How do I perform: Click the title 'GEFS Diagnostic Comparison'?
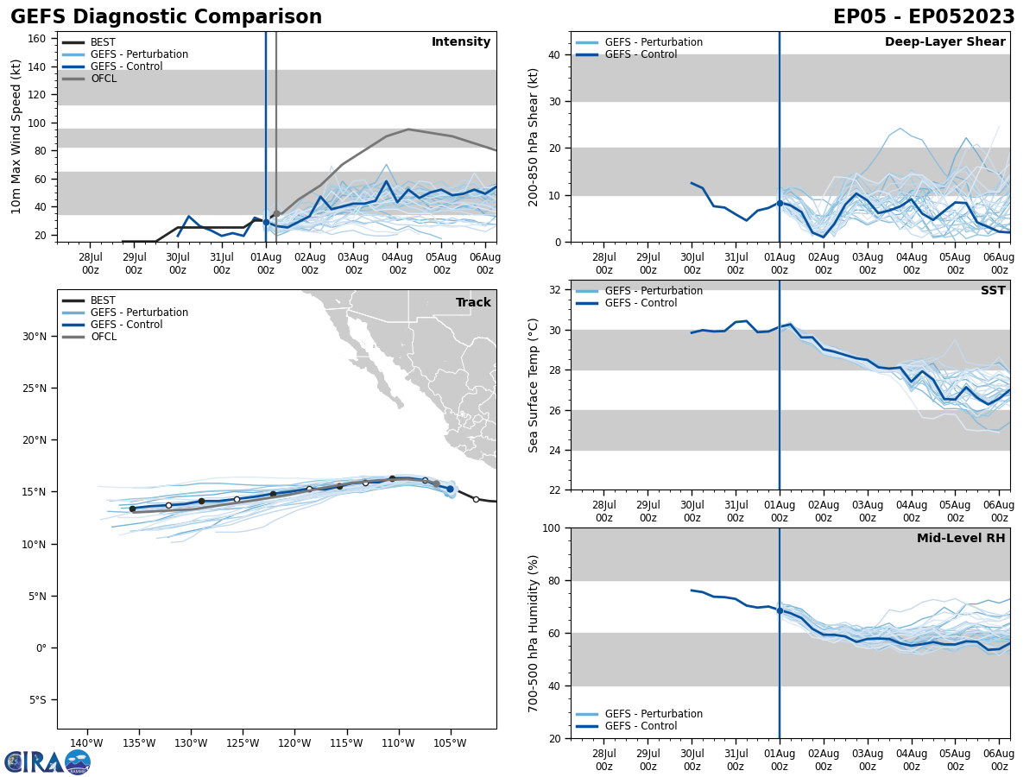click(166, 17)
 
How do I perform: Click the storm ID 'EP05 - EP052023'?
click(924, 17)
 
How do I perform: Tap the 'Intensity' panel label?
click(461, 42)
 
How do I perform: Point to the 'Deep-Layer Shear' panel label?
click(944, 42)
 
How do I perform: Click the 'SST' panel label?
click(993, 291)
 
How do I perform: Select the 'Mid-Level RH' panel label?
click(961, 539)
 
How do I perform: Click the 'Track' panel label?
click(473, 303)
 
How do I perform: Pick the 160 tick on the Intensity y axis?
click(37, 39)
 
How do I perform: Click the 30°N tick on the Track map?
click(34, 337)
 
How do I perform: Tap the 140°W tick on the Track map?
click(86, 743)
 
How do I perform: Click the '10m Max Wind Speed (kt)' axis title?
click(16, 136)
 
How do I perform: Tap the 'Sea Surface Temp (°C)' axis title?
click(534, 385)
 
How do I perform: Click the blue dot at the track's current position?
click(450, 490)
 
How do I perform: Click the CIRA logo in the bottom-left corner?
click(47, 762)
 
